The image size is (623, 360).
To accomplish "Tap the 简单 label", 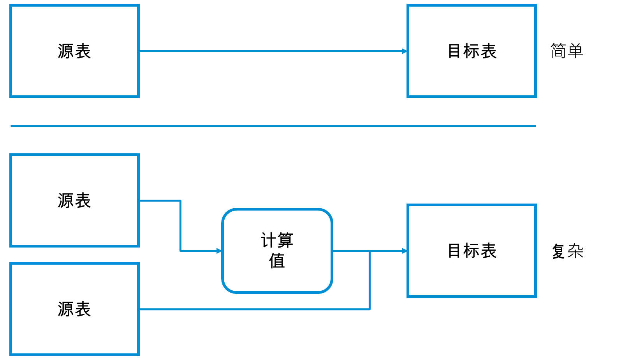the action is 567,51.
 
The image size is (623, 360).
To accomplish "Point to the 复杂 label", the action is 567,251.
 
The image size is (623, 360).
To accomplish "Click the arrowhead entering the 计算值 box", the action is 219,251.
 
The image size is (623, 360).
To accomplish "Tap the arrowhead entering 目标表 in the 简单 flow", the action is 405,51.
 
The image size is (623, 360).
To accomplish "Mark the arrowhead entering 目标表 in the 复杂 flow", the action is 405,251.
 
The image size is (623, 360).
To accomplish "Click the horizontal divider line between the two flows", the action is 273,126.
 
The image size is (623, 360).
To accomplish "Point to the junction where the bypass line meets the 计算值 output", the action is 370,251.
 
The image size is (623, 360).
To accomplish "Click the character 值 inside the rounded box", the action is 277,260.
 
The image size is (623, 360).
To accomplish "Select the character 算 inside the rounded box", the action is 285,240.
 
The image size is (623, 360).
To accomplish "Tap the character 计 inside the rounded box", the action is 269,240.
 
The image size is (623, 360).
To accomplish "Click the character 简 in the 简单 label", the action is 558,51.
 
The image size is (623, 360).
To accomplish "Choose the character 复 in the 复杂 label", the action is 559,251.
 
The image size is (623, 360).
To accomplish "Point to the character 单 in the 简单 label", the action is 575,51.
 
